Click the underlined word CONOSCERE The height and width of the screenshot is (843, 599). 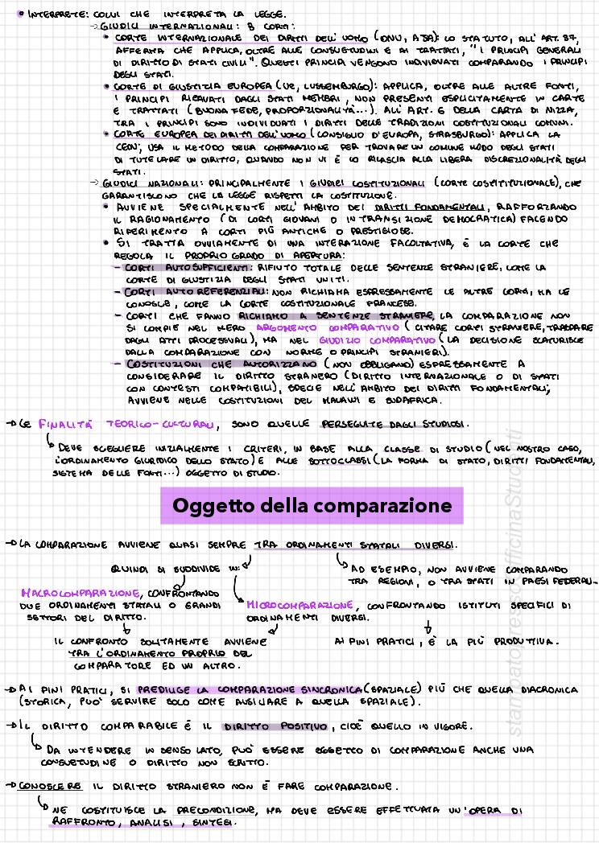point(51,785)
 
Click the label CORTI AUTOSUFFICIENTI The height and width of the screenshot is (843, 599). point(187,267)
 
